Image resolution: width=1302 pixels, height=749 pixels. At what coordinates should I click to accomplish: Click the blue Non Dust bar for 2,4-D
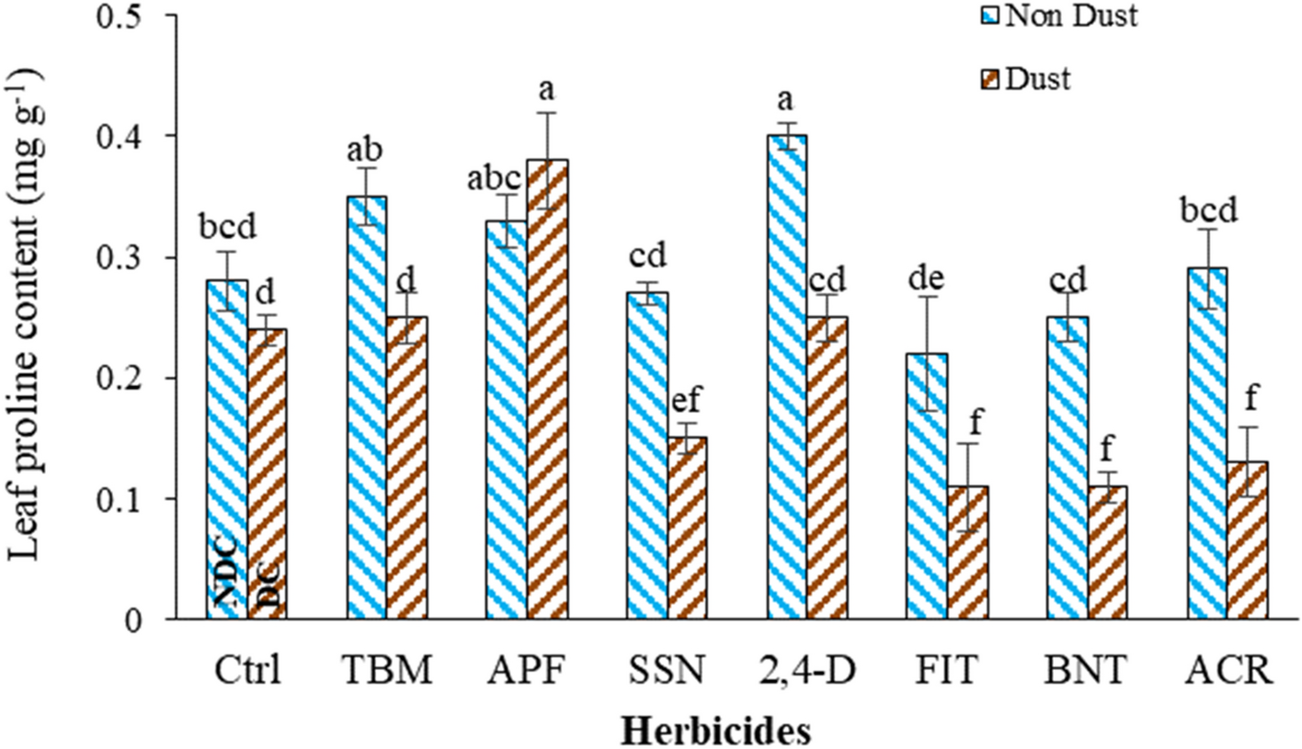787,377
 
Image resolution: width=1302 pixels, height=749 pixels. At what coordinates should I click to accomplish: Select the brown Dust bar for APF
547,390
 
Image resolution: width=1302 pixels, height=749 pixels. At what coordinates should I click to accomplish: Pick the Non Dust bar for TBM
367,408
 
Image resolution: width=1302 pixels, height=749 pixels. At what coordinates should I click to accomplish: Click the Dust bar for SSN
687,529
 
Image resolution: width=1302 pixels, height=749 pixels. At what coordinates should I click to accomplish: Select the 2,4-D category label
806,675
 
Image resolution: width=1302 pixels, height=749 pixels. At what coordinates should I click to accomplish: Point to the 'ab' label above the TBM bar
365,150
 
